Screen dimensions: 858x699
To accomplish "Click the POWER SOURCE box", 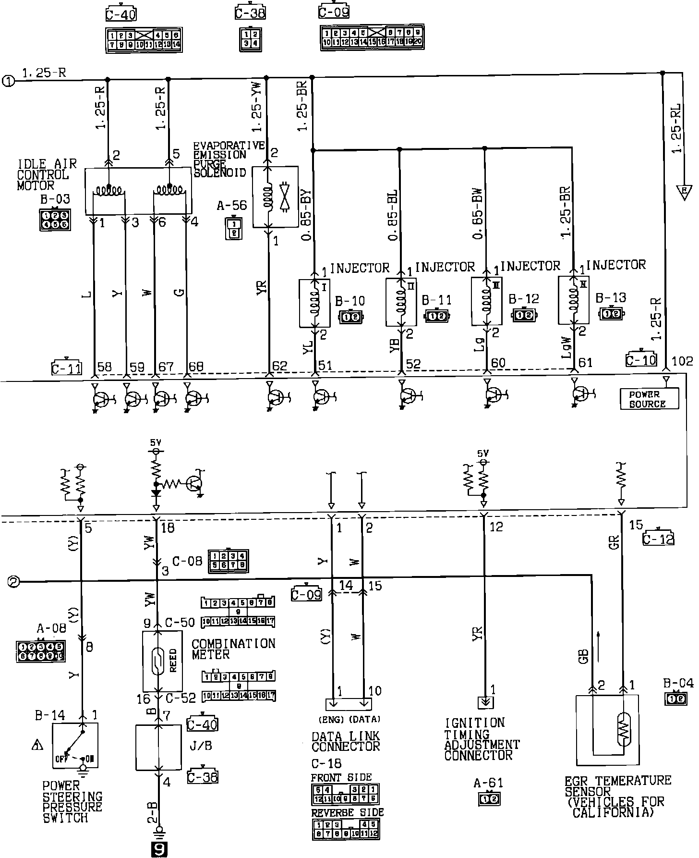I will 649,399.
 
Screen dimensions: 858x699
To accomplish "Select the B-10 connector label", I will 350,301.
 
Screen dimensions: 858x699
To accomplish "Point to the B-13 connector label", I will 611,298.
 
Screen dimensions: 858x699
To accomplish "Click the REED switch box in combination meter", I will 162,662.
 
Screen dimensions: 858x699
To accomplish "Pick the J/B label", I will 201,746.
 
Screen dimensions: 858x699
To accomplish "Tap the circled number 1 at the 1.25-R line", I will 9,80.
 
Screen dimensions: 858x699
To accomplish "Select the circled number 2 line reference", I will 14,582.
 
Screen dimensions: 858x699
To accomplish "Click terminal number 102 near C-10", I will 682,362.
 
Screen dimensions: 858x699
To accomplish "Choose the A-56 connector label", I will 231,206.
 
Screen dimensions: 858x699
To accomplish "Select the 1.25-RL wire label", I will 676,133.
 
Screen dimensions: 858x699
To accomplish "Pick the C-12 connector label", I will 658,539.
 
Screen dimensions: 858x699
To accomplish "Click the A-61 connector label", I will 489,784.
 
